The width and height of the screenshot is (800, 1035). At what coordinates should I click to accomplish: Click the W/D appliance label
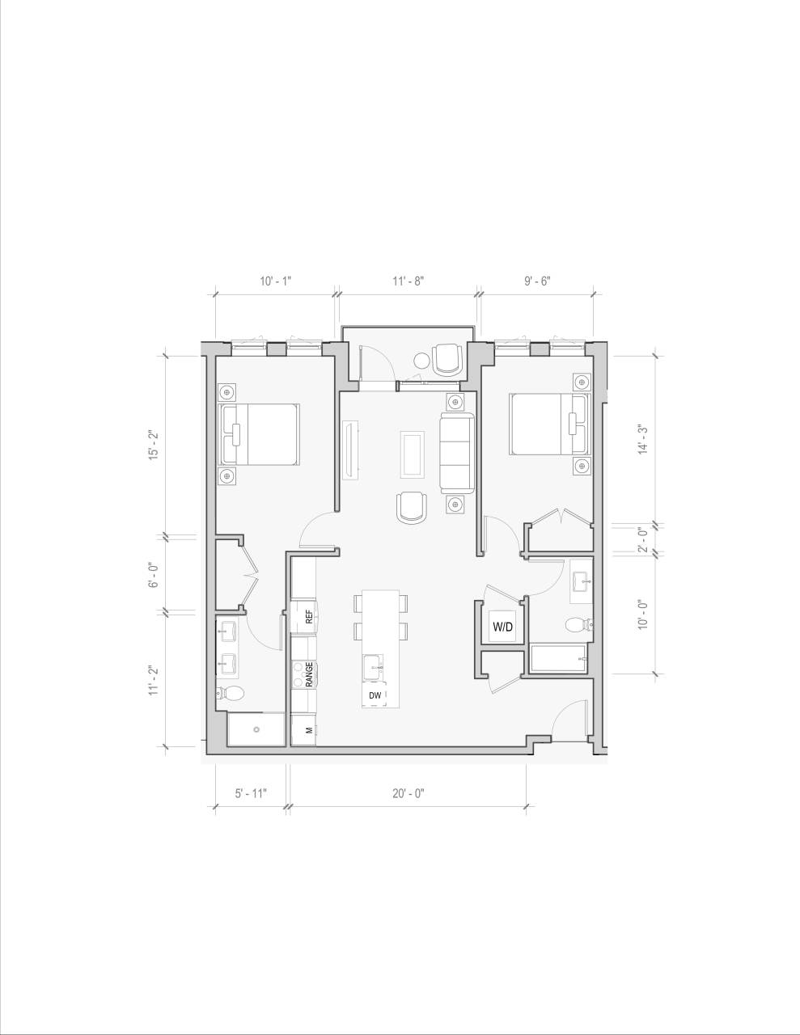pos(503,626)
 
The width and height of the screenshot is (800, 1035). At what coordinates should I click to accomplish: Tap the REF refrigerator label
pos(308,617)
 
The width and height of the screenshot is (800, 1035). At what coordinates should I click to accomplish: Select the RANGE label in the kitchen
pos(308,674)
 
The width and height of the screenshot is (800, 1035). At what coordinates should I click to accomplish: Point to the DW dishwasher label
pos(375,695)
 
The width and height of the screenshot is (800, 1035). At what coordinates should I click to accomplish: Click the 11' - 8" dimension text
pos(408,281)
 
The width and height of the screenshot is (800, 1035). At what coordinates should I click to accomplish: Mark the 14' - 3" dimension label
pos(643,437)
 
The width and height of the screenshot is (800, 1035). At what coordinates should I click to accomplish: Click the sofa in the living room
pos(457,453)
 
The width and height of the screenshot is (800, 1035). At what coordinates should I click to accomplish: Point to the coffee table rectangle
pos(412,454)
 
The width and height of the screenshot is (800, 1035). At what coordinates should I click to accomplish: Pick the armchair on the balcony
pos(447,359)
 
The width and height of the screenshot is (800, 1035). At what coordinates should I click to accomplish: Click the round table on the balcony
pos(422,361)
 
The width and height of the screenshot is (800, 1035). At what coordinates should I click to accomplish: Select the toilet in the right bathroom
pos(578,625)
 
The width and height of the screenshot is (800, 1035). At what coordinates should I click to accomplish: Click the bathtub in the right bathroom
pos(559,658)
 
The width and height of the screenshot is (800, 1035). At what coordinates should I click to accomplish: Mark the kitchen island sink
pos(374,668)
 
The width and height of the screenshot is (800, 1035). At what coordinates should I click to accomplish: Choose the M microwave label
pos(308,730)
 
